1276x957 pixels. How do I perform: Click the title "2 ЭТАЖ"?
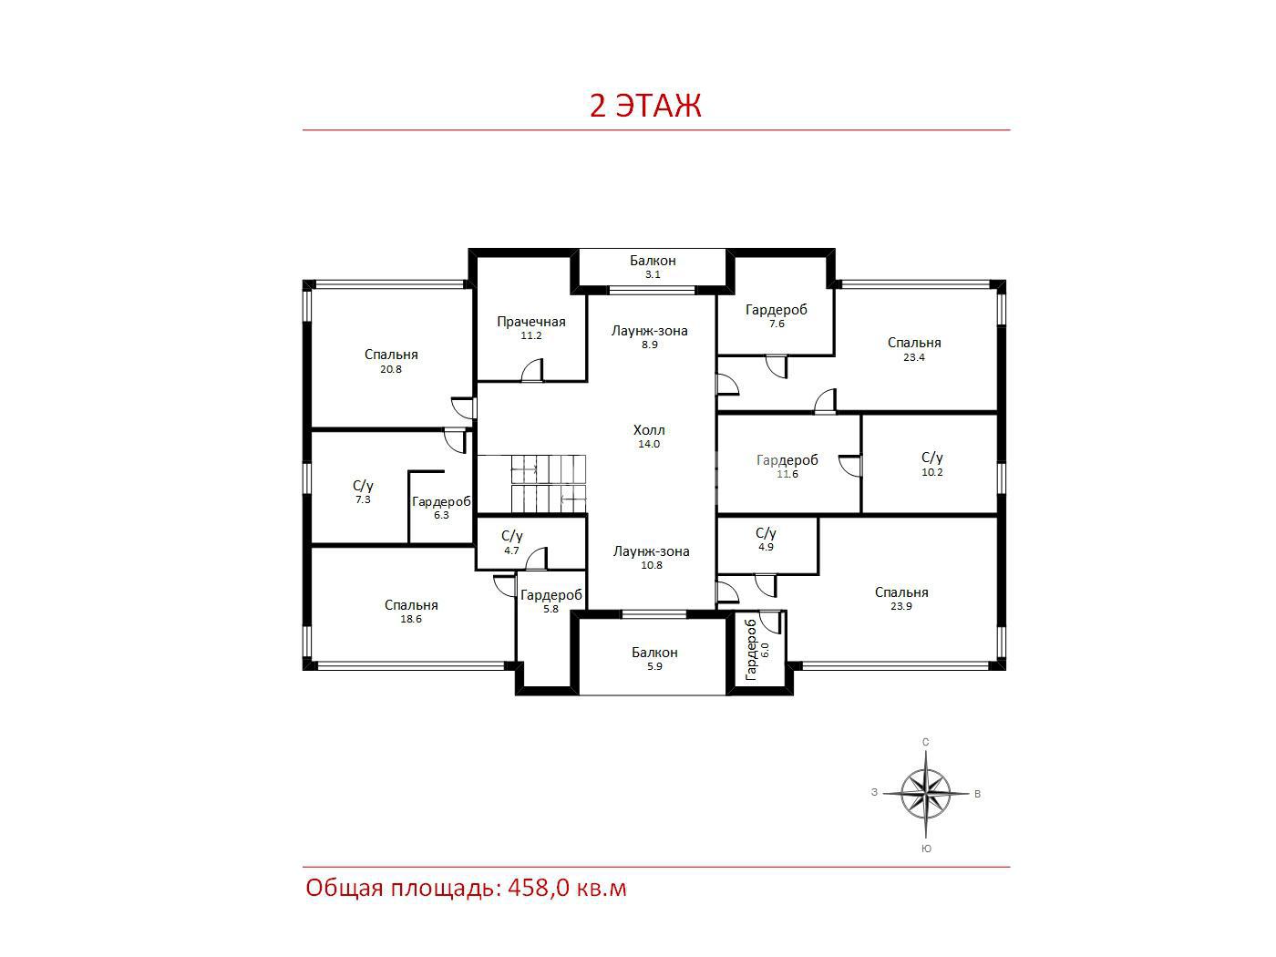[x=645, y=106]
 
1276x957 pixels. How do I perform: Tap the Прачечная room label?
[x=530, y=322]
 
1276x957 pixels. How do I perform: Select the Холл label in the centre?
[x=649, y=430]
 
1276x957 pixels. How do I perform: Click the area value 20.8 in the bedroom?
[x=391, y=369]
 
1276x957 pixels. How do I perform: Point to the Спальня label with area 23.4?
[x=914, y=343]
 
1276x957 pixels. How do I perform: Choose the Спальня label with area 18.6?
[x=411, y=605]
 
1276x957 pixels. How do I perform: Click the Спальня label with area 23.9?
[x=901, y=592]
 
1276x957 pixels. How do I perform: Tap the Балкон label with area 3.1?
[x=653, y=261]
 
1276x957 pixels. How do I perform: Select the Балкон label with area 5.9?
[x=654, y=653]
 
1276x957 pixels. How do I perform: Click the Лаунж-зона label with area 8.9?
[x=649, y=331]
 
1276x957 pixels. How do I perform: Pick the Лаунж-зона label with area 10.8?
[x=651, y=551]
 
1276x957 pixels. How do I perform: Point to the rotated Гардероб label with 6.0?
[x=751, y=650]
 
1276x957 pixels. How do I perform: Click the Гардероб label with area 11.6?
[x=787, y=460]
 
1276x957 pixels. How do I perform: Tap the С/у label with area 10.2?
[x=931, y=458]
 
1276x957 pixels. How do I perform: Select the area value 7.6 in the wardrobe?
[x=777, y=324]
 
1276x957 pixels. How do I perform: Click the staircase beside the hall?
[x=530, y=484]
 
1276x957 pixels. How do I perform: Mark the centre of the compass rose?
[x=925, y=793]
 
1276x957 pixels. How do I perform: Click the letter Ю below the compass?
[x=926, y=849]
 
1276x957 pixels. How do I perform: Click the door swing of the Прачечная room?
[x=531, y=370]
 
